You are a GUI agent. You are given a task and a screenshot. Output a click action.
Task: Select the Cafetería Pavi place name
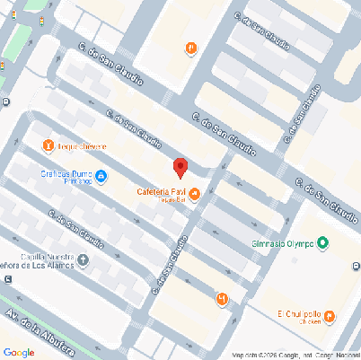(162, 191)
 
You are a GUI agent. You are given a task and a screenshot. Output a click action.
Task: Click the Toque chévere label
(81, 146)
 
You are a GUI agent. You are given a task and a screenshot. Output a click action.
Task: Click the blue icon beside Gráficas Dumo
(101, 175)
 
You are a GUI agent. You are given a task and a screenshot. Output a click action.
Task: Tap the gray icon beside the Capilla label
(84, 261)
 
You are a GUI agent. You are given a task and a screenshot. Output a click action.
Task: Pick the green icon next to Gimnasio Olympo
(323, 242)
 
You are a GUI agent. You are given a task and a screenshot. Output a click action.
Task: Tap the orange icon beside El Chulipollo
(329, 315)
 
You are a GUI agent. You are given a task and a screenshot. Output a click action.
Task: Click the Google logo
(19, 352)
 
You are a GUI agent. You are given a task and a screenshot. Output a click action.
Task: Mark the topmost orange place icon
(190, 48)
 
